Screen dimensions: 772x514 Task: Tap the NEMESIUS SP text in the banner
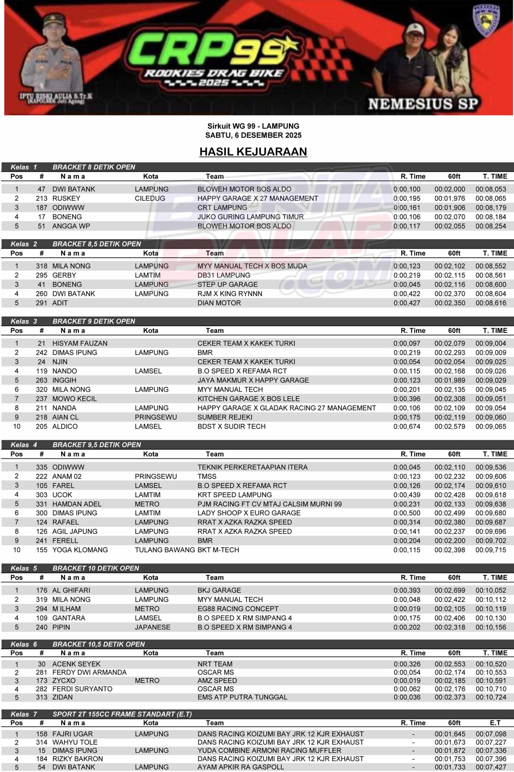[x=423, y=104]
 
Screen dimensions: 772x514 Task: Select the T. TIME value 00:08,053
[x=491, y=189]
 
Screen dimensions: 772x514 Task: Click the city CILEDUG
[x=150, y=198]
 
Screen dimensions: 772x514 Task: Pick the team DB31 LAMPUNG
[x=224, y=275]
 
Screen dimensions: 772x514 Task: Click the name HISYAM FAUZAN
[x=80, y=343]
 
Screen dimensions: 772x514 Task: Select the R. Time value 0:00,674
[x=407, y=426]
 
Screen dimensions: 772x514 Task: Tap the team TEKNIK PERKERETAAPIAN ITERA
[x=252, y=467]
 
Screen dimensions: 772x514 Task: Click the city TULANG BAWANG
[x=164, y=550]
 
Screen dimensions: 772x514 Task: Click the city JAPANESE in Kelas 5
[x=152, y=627]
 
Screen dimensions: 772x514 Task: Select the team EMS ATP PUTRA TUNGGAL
[x=242, y=697]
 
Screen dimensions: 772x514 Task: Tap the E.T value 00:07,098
[x=491, y=734]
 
